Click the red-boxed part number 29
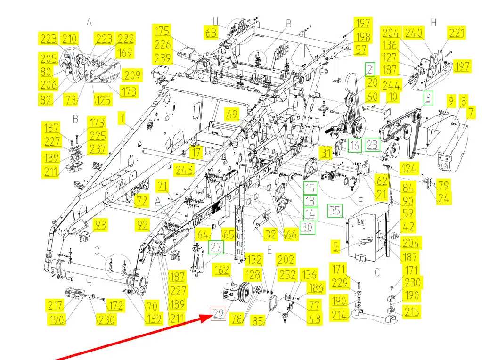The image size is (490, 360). [x=218, y=313]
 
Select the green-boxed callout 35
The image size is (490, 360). [x=335, y=210]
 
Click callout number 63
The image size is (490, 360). [x=211, y=33]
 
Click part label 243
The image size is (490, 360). [x=183, y=170]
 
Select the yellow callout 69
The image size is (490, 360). [x=232, y=115]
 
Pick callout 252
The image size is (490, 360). [x=288, y=275]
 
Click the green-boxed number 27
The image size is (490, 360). [x=216, y=247]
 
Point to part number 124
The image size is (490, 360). [x=408, y=167]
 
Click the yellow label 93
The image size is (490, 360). [x=100, y=225]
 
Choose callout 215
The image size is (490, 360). [x=411, y=312]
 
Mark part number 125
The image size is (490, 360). [x=103, y=99]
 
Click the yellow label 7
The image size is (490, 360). [x=471, y=112]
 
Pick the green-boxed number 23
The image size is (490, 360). [x=372, y=145]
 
